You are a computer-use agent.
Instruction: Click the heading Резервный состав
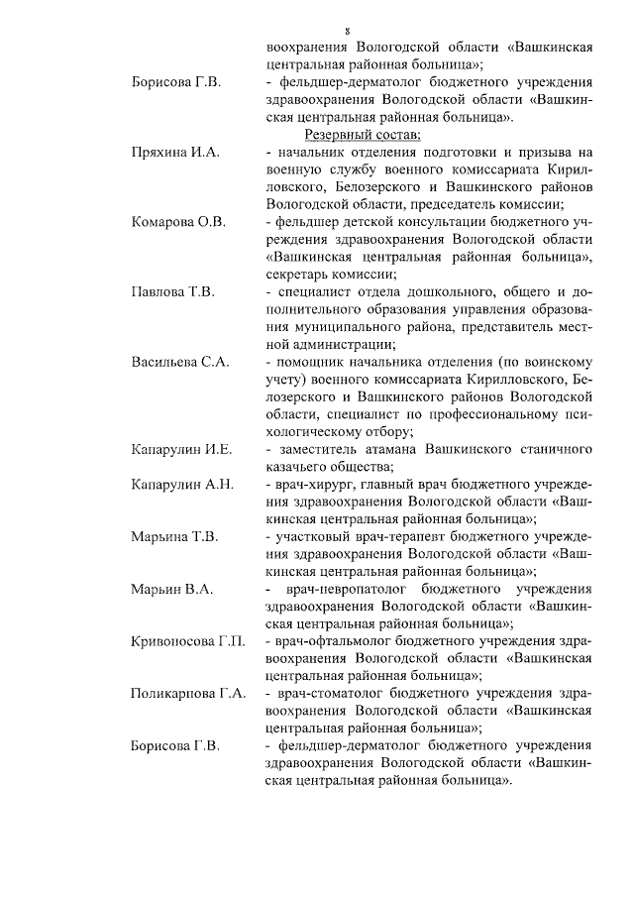[x=364, y=135]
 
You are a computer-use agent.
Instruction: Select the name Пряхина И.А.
[x=175, y=153]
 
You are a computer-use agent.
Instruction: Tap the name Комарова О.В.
[x=178, y=221]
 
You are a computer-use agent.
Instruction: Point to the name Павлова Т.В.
[x=173, y=292]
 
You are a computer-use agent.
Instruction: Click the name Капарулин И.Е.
[x=181, y=450]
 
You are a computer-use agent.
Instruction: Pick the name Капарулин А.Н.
[x=181, y=485]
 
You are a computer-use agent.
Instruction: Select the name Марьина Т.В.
[x=174, y=537]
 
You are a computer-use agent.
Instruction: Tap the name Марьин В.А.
[x=172, y=590]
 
